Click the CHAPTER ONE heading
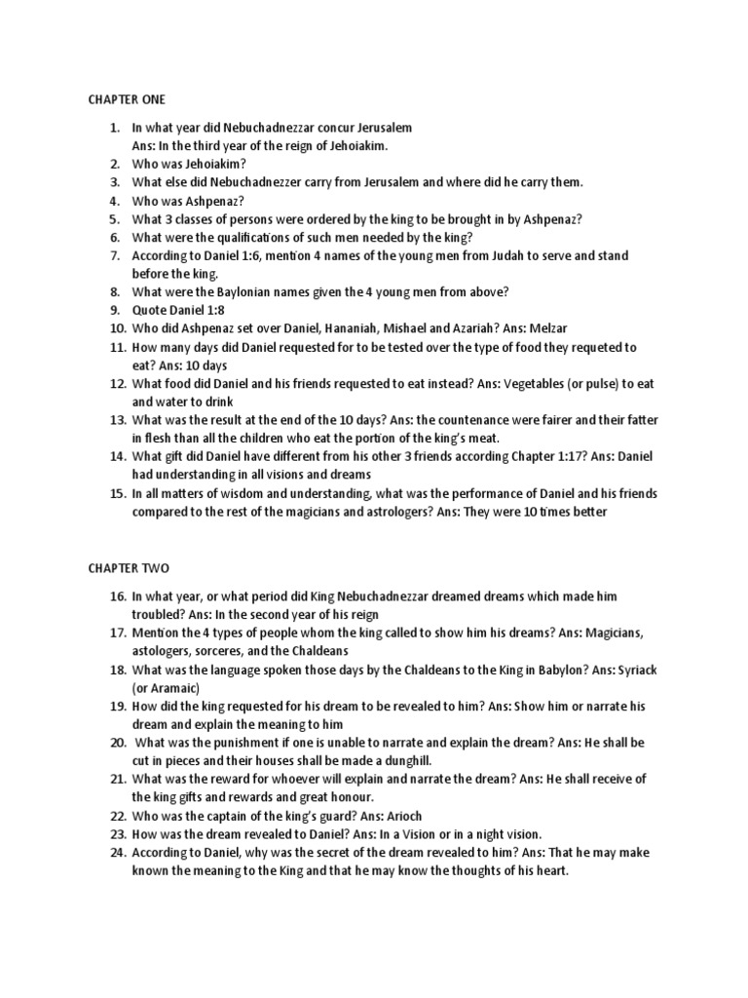point(127,99)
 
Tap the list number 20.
point(117,742)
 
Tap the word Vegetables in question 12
point(539,383)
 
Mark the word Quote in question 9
point(151,310)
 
